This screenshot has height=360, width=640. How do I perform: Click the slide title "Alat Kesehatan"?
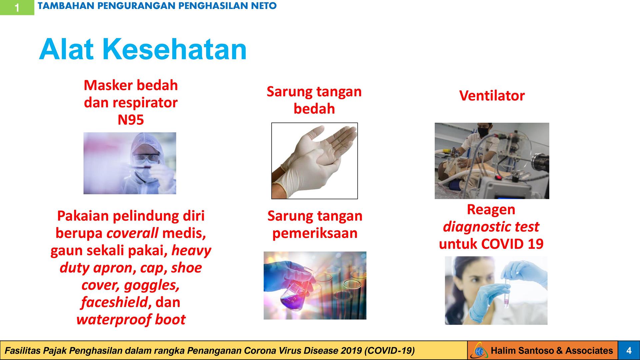click(143, 49)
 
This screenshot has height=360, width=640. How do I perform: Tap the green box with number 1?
click(17, 7)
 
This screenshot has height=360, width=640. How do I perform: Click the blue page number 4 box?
click(629, 350)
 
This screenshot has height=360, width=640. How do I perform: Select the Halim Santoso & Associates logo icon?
click(480, 351)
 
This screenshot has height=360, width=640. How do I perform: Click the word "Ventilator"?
click(492, 96)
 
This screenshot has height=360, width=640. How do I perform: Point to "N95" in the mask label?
click(131, 120)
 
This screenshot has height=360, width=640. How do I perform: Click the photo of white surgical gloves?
click(314, 161)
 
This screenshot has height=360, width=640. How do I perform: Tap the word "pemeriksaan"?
click(315, 233)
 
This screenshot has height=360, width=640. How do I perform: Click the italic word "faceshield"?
click(114, 302)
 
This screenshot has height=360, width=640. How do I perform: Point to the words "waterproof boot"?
click(131, 320)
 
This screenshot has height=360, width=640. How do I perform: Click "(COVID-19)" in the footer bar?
click(389, 351)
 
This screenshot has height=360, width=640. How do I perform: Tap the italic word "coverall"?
click(132, 233)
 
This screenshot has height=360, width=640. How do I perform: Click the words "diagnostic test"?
click(491, 227)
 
